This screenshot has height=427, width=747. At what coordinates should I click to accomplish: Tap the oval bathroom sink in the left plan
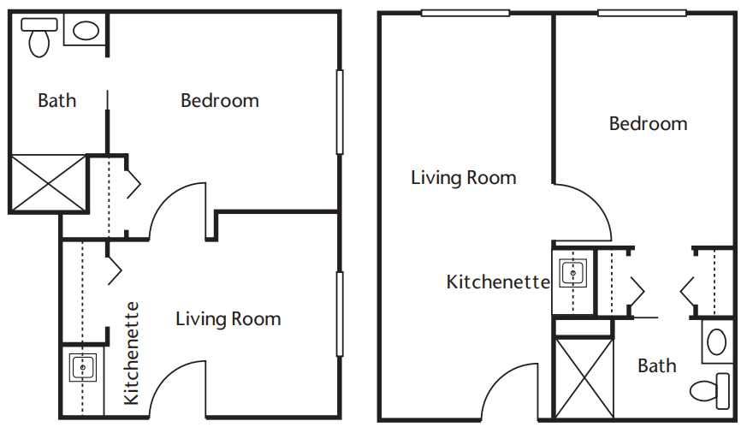[x=86, y=31]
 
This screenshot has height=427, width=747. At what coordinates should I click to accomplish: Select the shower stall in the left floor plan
[x=48, y=183]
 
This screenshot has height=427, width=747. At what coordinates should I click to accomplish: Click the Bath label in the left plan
[x=56, y=101]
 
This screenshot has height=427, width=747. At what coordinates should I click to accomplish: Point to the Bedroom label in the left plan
[x=220, y=101]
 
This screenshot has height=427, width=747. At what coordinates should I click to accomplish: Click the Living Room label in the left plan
[x=228, y=319]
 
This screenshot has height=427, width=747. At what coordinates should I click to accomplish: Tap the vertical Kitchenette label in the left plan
[x=131, y=353]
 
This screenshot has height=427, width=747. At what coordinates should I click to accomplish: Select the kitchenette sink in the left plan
[x=83, y=367]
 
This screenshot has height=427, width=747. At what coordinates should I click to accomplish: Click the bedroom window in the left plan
[x=340, y=112]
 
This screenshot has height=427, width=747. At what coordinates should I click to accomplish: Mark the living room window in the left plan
[x=340, y=314]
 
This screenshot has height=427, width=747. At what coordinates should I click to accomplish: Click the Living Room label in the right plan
[x=464, y=178]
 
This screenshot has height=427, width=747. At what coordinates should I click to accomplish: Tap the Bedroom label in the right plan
[x=648, y=123]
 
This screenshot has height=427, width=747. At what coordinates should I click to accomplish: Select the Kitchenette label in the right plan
[x=498, y=282]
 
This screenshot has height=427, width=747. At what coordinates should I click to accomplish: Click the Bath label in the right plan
[x=657, y=366]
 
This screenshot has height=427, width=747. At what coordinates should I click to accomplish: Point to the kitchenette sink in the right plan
[x=572, y=273]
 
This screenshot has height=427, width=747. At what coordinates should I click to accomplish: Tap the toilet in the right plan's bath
[x=710, y=391]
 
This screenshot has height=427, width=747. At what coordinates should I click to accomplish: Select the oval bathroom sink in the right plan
[x=716, y=342]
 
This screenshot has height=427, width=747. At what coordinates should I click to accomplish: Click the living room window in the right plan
[x=465, y=14]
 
